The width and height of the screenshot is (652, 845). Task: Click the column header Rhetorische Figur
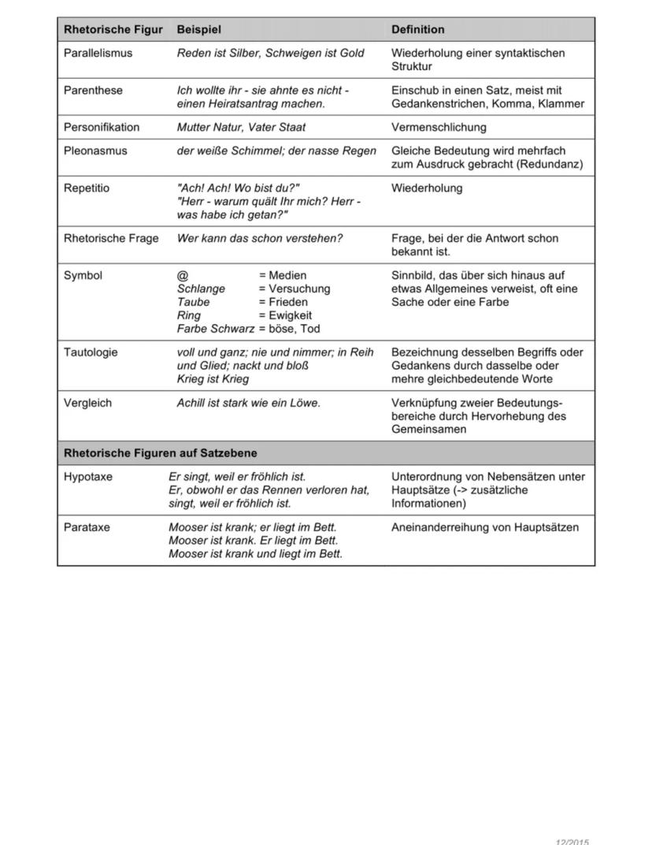point(113,30)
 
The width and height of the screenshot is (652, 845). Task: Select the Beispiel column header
point(198,30)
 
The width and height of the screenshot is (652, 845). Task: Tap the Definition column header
point(417,30)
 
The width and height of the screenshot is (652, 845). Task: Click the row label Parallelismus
point(98,54)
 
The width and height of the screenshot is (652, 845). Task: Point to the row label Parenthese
point(93,91)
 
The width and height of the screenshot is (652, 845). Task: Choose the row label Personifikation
point(101,128)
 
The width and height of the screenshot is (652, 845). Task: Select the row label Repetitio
point(87,188)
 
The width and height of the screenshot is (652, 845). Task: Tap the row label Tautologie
point(91,352)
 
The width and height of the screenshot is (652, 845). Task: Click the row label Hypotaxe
point(87,477)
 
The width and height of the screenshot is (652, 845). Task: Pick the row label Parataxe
point(87,527)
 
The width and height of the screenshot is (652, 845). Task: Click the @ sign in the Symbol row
point(183,276)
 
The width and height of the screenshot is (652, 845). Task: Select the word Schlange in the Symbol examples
point(201,289)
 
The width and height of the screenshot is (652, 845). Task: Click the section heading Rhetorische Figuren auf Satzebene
point(160,454)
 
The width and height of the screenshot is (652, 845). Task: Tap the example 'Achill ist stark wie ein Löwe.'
point(249,403)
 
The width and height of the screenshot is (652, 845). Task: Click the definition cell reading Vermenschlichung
point(439,128)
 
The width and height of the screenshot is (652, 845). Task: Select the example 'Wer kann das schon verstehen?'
point(260,239)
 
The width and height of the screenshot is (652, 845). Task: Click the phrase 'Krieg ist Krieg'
point(213,379)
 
